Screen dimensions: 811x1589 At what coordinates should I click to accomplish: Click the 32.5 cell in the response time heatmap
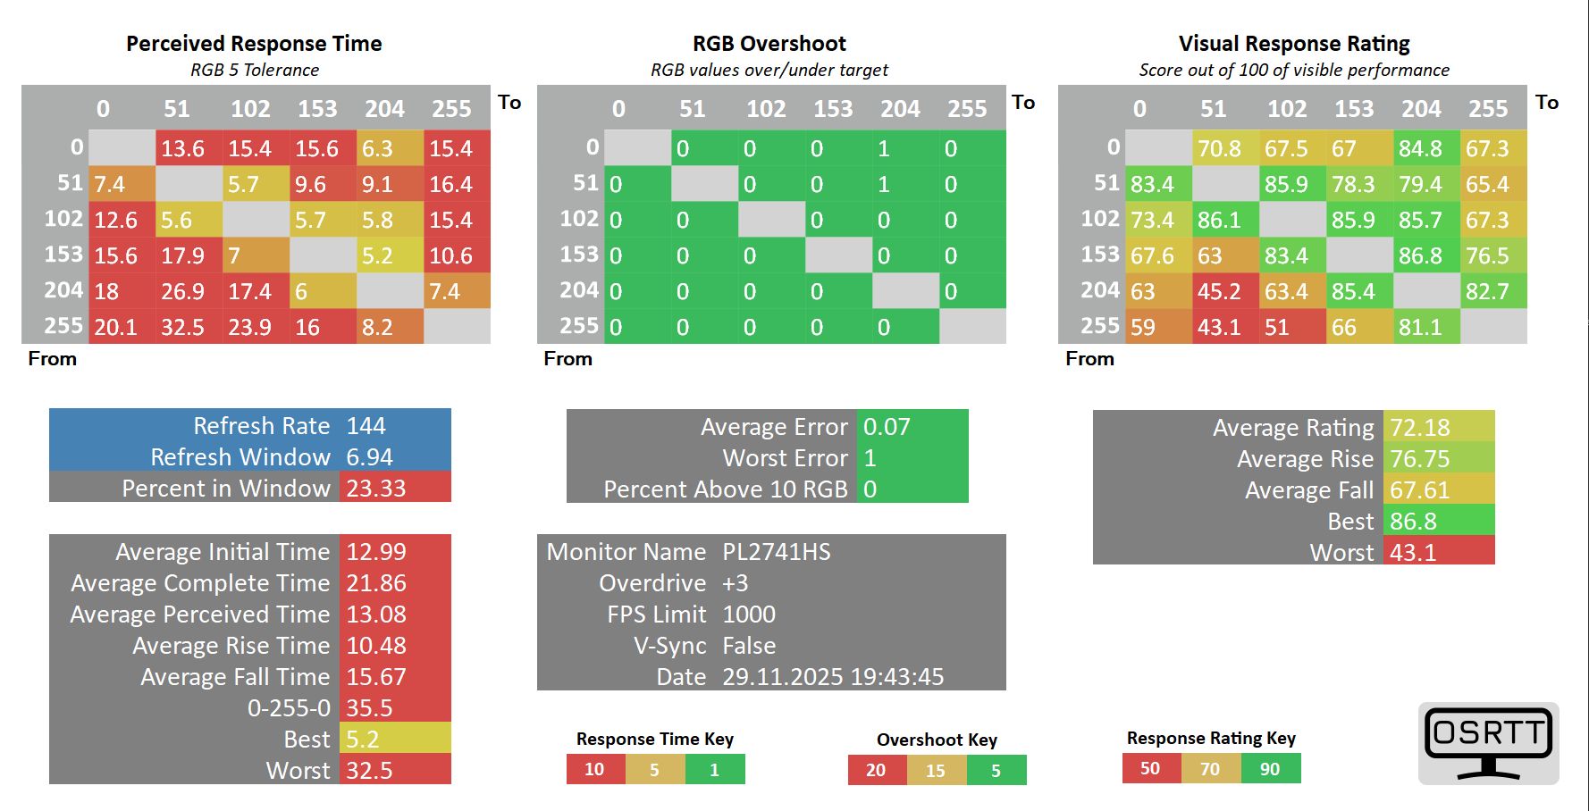click(x=183, y=327)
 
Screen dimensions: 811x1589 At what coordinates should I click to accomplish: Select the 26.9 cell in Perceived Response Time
click(x=183, y=291)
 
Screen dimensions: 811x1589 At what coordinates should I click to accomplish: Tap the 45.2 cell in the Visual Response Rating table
click(x=1219, y=291)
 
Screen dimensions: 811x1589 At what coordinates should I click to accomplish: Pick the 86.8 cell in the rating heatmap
click(x=1420, y=255)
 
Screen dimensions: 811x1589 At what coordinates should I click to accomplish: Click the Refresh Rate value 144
click(x=366, y=426)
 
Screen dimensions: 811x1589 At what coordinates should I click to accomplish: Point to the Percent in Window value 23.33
click(x=376, y=489)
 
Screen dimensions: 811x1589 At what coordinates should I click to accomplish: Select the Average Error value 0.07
click(x=887, y=427)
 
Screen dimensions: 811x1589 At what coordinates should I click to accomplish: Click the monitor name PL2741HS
click(x=777, y=552)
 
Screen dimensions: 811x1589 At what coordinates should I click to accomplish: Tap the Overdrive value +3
click(x=736, y=583)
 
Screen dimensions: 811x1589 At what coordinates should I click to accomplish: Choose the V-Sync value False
click(x=749, y=646)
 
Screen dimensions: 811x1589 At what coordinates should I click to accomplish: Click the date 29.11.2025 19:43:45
click(x=833, y=677)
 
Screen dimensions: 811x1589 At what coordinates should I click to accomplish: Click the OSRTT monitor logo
click(x=1488, y=743)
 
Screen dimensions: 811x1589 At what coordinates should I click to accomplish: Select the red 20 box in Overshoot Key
click(x=876, y=770)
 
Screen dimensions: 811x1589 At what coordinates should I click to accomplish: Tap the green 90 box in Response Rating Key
click(x=1270, y=768)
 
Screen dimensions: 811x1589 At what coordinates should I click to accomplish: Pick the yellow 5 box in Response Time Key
click(x=654, y=769)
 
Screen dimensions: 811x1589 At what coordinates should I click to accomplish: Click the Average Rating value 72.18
click(x=1420, y=428)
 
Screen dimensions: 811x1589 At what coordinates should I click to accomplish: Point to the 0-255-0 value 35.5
click(x=369, y=708)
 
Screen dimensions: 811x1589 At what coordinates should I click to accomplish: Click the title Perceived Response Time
click(x=254, y=44)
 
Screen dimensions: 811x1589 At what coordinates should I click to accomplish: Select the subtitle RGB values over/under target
click(x=769, y=70)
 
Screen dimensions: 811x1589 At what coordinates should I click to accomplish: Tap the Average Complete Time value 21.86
click(x=376, y=583)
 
